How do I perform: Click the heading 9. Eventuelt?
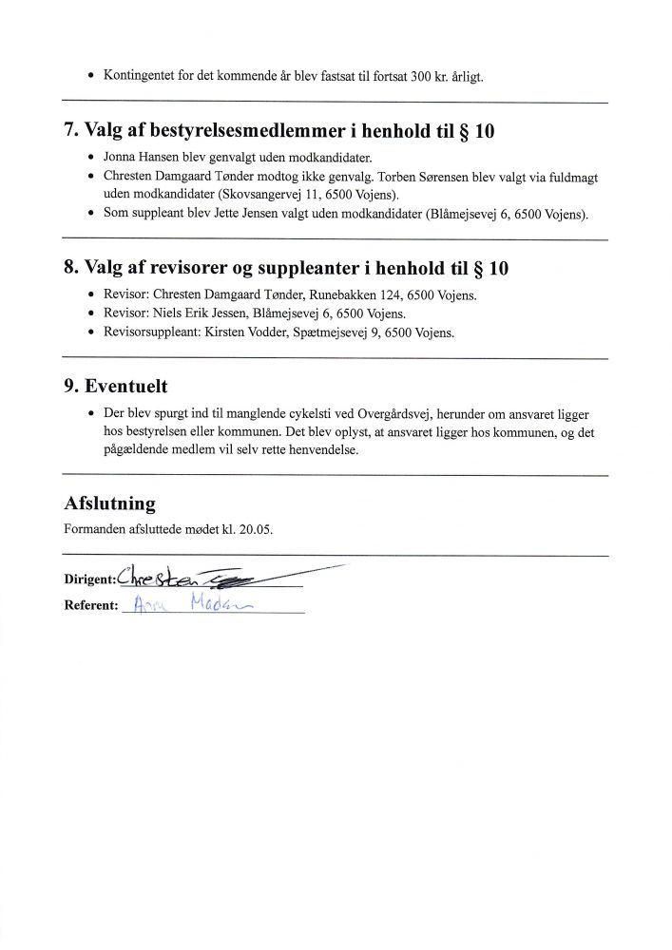pyautogui.click(x=127, y=388)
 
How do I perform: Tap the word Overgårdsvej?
pyautogui.click(x=394, y=414)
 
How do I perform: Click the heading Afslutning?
pyautogui.click(x=108, y=503)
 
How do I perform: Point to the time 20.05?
pyautogui.click(x=254, y=529)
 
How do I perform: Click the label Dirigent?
pyautogui.click(x=88, y=579)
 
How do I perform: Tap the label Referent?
pyautogui.click(x=89, y=605)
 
